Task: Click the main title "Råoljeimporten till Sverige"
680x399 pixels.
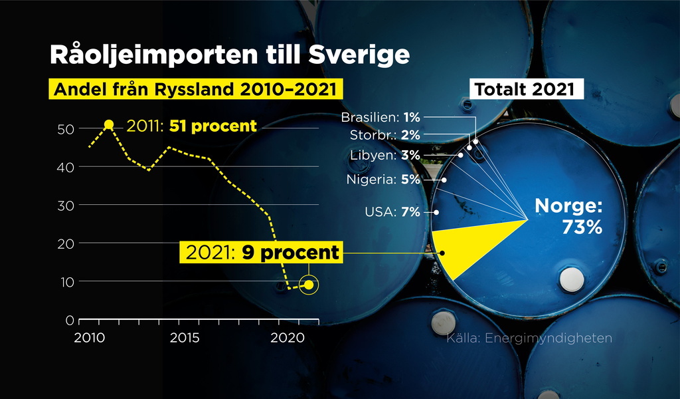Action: click(x=230, y=55)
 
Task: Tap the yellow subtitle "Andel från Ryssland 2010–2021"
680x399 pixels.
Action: click(x=196, y=89)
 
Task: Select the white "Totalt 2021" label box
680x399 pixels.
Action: click(x=527, y=89)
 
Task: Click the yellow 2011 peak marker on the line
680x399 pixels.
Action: click(x=109, y=125)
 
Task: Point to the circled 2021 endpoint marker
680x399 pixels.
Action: click(x=309, y=285)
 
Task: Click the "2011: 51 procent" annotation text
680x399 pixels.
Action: click(x=192, y=126)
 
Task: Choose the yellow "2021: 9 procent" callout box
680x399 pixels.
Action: click(x=261, y=252)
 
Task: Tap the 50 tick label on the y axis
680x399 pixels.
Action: click(x=66, y=130)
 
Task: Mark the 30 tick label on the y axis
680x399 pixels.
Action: click(x=66, y=205)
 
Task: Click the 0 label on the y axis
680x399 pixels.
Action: click(x=70, y=321)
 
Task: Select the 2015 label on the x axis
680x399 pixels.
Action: click(x=185, y=338)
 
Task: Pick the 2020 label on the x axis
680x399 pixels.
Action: click(x=288, y=338)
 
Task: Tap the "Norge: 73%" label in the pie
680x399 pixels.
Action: click(x=569, y=215)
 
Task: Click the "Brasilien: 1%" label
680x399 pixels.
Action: click(x=381, y=117)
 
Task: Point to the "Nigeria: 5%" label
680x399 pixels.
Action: click(x=383, y=180)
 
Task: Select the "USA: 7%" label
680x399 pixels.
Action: click(x=392, y=212)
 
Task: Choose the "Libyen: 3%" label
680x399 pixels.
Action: click(x=385, y=155)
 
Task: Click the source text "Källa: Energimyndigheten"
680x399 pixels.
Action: click(x=529, y=338)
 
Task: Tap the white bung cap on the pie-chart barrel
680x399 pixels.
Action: click(x=572, y=279)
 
